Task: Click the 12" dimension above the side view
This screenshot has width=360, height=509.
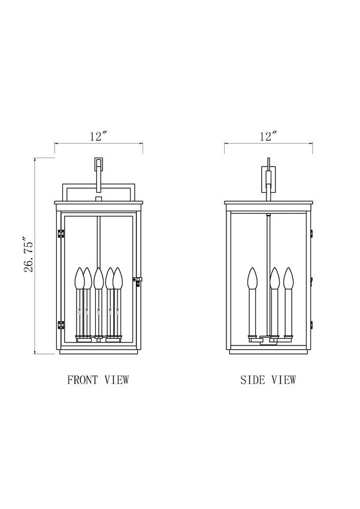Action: tap(268, 137)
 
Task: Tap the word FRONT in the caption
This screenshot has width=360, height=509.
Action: tap(82, 380)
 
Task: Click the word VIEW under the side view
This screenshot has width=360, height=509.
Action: tap(284, 380)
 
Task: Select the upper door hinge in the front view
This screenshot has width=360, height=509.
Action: tap(60, 234)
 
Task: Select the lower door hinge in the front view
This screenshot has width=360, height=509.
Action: tap(60, 325)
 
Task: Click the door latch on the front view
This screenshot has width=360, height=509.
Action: tap(138, 280)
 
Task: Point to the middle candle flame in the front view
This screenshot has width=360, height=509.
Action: tap(99, 278)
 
